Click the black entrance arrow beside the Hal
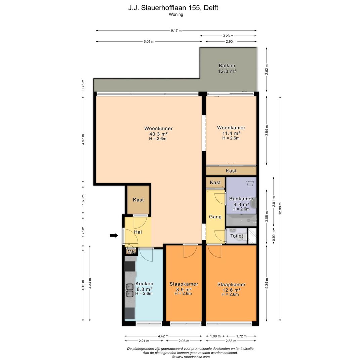point(114,235)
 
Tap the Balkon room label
point(227,66)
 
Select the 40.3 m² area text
point(158,134)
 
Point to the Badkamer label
point(241,199)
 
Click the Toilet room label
point(237,236)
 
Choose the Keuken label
point(144,284)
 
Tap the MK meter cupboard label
point(131,252)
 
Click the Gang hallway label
point(215,217)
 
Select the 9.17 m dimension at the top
point(176,30)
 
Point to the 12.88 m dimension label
point(280,208)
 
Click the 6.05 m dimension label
point(149,42)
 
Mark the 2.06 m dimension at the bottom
point(184,341)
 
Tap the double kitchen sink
point(129,290)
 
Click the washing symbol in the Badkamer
point(250,184)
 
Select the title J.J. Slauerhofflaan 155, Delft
point(173,8)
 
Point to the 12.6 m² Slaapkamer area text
point(232,290)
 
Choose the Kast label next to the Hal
point(138,200)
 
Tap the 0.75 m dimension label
point(83,85)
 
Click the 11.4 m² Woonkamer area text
point(231,133)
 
